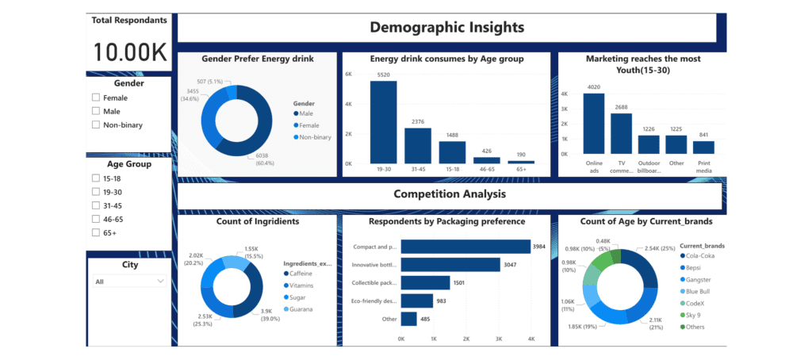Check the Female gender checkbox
click(96, 98)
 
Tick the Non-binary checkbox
click(96, 124)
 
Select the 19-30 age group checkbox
click(96, 191)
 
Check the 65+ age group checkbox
click(96, 232)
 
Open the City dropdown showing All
click(129, 281)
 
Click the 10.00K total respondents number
click(130, 52)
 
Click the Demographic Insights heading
click(447, 28)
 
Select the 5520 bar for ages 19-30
click(383, 121)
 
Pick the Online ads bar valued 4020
click(594, 123)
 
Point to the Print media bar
click(703, 147)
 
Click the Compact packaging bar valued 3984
click(465, 247)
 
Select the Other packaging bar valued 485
click(409, 319)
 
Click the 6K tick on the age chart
click(347, 74)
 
